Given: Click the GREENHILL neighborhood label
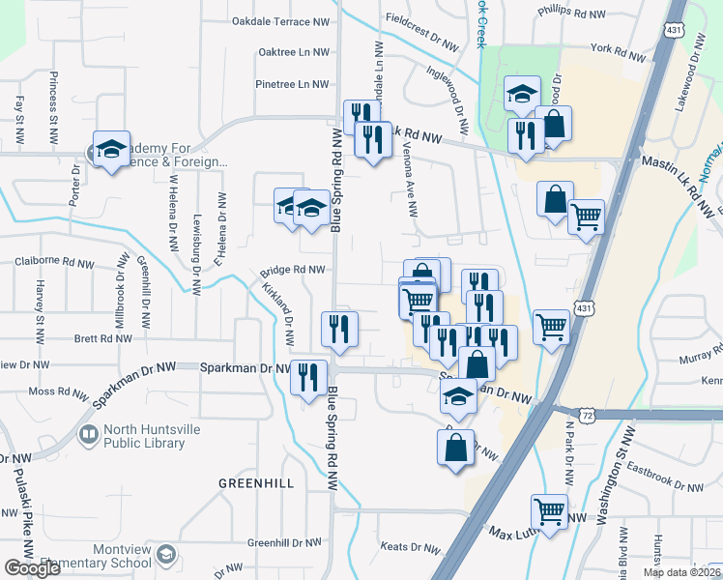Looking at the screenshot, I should [256, 483].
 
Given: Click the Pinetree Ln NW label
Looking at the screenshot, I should [292, 84].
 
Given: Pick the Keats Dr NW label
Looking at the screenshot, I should [410, 547].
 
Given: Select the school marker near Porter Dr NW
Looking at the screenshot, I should [110, 148].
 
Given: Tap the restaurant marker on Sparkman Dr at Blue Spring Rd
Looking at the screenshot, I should [308, 377].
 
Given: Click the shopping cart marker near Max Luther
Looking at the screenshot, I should [549, 510].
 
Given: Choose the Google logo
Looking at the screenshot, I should [32, 568].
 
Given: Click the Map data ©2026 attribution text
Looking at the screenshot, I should [680, 572].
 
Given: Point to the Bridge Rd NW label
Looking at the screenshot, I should [292, 271].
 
